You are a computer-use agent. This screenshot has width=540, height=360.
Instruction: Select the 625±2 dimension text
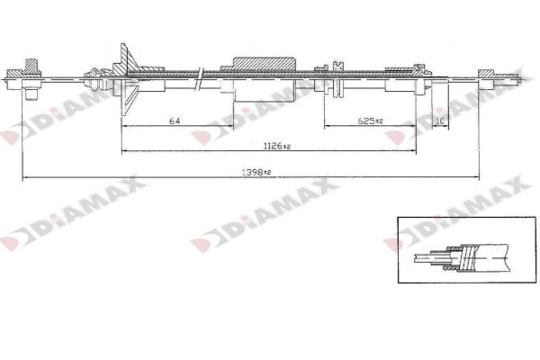(x=371, y=121)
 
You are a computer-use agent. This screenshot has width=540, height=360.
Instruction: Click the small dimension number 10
(x=440, y=121)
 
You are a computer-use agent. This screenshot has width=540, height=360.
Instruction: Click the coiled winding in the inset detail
(x=463, y=255)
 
